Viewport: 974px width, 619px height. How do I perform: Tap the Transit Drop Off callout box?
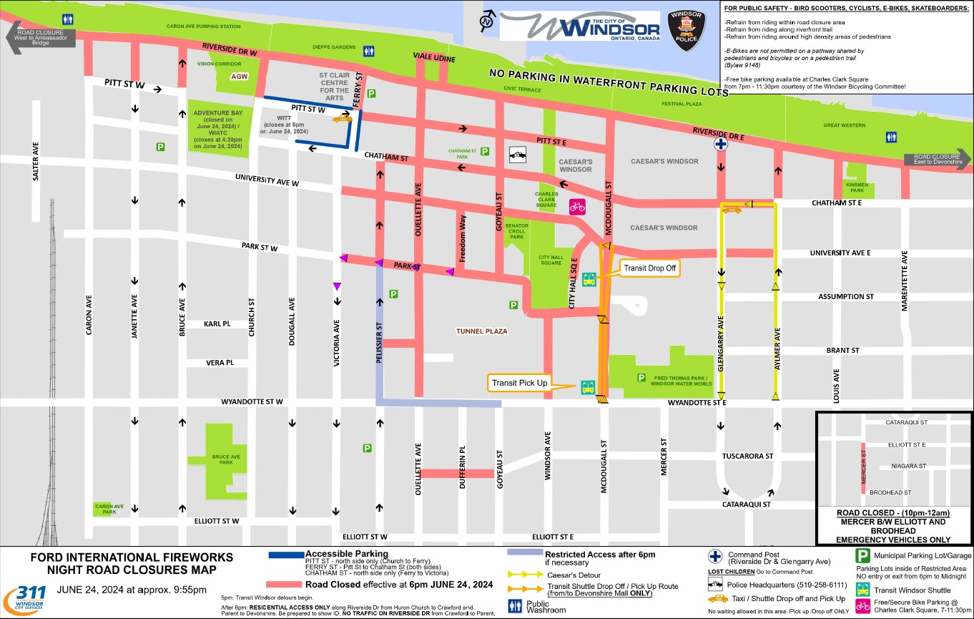(649, 269)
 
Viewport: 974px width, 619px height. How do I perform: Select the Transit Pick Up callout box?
(518, 384)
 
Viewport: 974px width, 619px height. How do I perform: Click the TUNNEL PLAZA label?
(481, 331)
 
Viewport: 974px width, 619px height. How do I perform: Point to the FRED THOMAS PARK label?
(680, 381)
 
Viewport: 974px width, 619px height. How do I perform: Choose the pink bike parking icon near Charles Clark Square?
(577, 207)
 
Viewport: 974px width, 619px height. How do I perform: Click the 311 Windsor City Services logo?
(25, 595)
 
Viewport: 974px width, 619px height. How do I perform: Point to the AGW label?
(239, 77)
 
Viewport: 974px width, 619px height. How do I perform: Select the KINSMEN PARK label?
(857, 187)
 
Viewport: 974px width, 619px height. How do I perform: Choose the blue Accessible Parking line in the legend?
(285, 555)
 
